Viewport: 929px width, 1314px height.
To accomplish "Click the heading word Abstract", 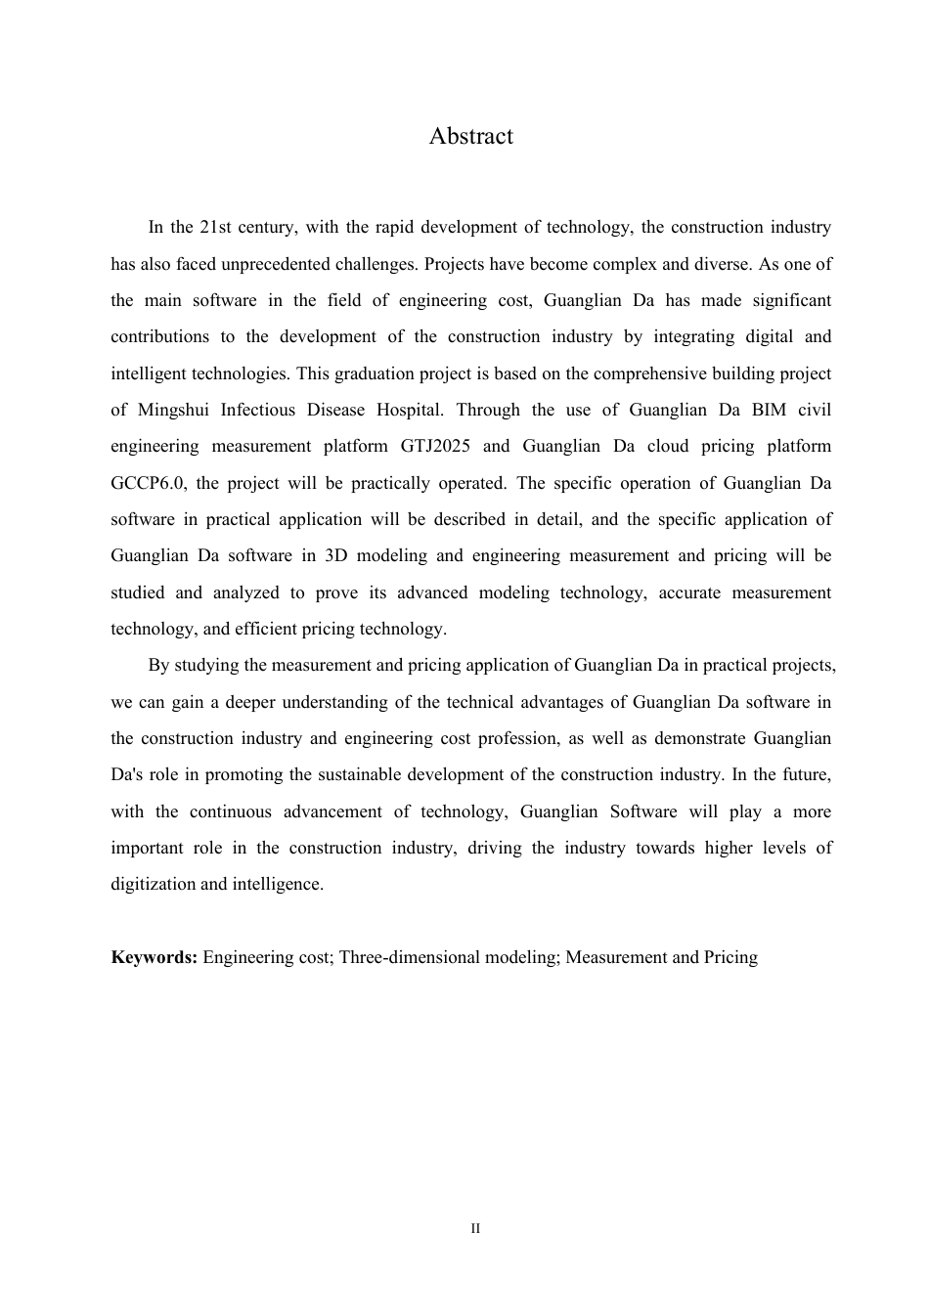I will point(470,136).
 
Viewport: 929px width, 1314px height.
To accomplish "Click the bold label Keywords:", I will point(155,957).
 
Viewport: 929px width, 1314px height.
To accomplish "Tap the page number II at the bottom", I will point(475,1229).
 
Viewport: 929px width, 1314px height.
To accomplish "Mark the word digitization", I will point(153,885).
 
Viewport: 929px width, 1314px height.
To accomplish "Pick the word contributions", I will point(159,337).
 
